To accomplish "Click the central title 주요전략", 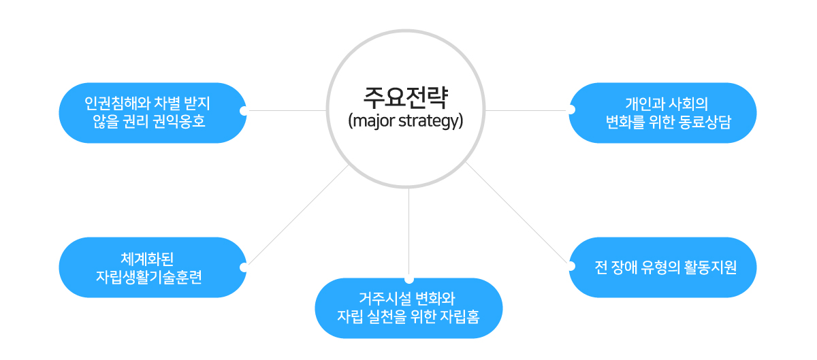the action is point(406,97).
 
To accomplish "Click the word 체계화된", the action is point(147,259).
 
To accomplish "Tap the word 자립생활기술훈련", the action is point(149,277).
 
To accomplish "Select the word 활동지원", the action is point(710,267).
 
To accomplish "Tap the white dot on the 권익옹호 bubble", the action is point(244,110).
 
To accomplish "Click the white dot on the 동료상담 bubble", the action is point(571,110).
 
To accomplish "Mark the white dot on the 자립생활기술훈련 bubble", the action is point(244,267).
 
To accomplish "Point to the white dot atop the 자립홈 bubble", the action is point(409,280).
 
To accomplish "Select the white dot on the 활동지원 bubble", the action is point(571,266).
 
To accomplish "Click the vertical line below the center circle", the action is point(409,231).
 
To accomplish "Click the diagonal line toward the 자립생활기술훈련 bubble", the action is point(298,215).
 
